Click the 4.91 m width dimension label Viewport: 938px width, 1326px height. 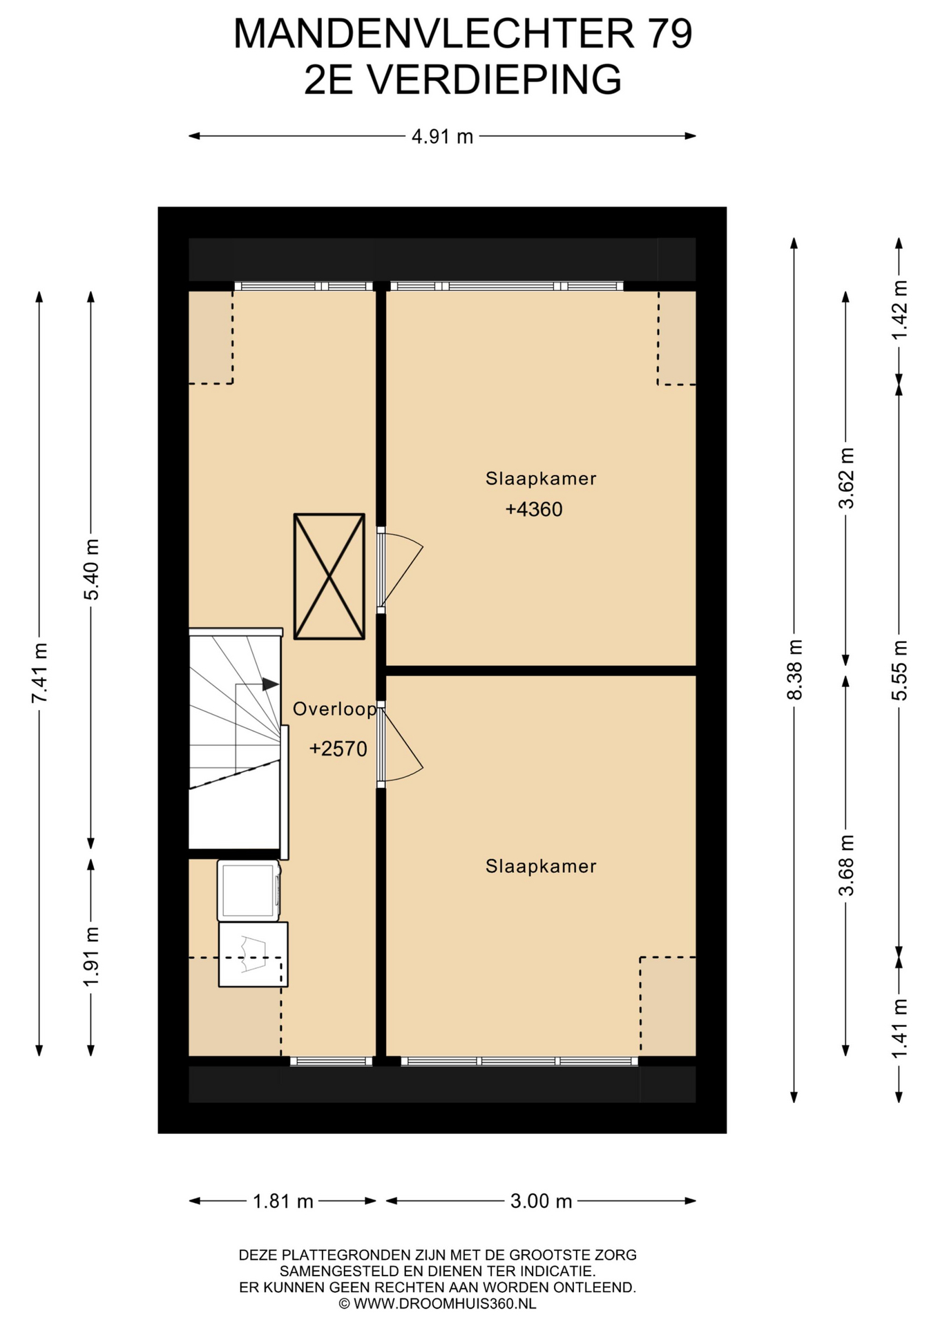pyautogui.click(x=442, y=137)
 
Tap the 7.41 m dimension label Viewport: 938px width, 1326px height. pyautogui.click(x=39, y=673)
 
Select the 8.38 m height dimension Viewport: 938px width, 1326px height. pyautogui.click(x=795, y=669)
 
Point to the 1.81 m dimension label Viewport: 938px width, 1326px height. pyautogui.click(x=283, y=1201)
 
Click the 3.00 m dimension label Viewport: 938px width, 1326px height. pyautogui.click(x=542, y=1201)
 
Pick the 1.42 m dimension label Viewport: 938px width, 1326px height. pyautogui.click(x=899, y=309)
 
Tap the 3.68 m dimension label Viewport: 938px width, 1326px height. pyautogui.click(x=846, y=865)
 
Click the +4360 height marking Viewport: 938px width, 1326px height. pyautogui.click(x=534, y=510)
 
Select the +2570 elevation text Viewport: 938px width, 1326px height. pyautogui.click(x=338, y=749)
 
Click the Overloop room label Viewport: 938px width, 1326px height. pyautogui.click(x=335, y=709)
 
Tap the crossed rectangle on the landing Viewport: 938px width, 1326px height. pyautogui.click(x=329, y=577)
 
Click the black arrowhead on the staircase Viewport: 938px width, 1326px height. pyautogui.click(x=270, y=684)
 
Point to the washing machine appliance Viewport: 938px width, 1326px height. pyautogui.click(x=249, y=890)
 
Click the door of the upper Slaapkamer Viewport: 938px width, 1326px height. pyautogui.click(x=399, y=570)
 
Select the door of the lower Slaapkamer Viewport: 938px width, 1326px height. pyautogui.click(x=399, y=744)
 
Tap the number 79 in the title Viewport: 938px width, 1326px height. pyautogui.click(x=669, y=33)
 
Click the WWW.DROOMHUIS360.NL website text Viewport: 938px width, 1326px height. pyautogui.click(x=445, y=1303)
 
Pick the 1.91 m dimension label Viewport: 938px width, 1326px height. pyautogui.click(x=91, y=957)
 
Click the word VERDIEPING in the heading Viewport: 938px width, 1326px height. pyautogui.click(x=494, y=79)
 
